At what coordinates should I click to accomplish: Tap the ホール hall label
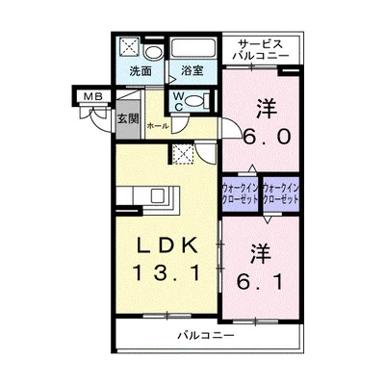click(x=158, y=125)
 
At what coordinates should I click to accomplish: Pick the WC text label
click(x=180, y=101)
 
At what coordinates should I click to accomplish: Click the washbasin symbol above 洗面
click(x=155, y=51)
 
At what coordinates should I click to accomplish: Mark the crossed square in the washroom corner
click(x=128, y=48)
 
